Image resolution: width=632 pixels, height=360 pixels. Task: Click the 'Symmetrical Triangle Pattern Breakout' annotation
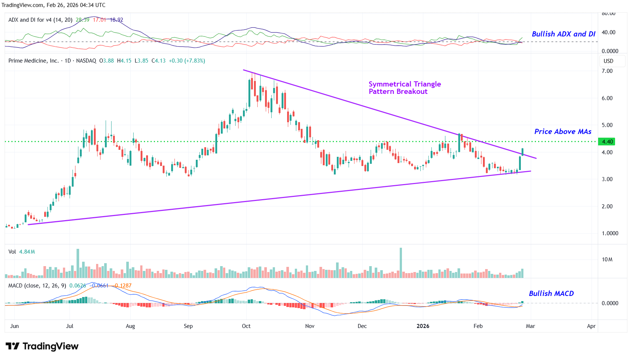[x=405, y=88]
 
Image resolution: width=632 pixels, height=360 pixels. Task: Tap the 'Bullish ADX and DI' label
[x=563, y=34]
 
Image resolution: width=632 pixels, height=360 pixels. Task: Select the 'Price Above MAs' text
[x=562, y=131]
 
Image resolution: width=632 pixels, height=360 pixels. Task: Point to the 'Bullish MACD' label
[x=551, y=293]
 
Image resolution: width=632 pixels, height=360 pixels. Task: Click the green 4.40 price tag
[x=607, y=142]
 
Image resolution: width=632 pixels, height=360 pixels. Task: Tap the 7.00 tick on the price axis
[x=607, y=71]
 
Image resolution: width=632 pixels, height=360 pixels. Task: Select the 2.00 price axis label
[x=607, y=207]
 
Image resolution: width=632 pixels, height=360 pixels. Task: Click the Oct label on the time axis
[x=246, y=326]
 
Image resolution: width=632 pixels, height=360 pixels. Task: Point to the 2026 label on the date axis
[x=423, y=326]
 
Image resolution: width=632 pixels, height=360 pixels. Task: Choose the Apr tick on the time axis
[x=591, y=326]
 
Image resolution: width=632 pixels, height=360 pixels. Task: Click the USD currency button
[x=608, y=61]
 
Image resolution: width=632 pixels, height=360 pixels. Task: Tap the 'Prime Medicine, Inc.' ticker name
[x=33, y=61]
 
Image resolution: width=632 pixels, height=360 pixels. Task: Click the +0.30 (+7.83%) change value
[x=187, y=61]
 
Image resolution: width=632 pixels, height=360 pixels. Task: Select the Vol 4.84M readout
[x=22, y=252]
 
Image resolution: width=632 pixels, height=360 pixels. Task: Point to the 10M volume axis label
[x=607, y=260]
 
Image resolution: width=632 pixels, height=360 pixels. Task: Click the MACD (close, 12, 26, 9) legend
[x=37, y=286]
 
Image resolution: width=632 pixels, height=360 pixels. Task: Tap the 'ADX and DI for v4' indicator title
[x=40, y=20]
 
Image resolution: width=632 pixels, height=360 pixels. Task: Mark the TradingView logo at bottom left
[x=42, y=346]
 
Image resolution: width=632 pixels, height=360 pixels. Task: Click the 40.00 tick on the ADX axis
[x=608, y=32]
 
